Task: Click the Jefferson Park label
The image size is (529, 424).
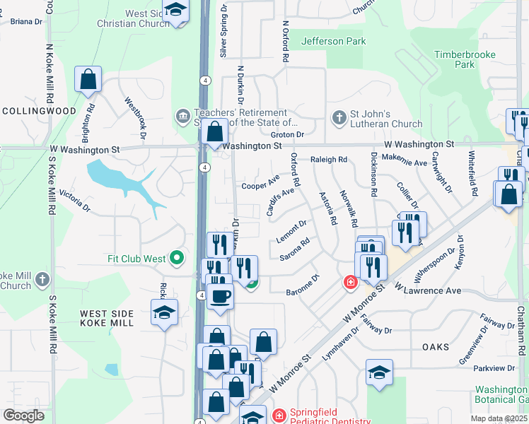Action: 334,41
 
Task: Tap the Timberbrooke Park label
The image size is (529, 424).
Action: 464,59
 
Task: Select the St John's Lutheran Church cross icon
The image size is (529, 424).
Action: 339,117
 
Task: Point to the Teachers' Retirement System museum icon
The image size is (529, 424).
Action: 183,114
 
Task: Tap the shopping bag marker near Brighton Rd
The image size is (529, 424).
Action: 88,80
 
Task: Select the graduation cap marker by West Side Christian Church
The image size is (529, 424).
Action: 176,11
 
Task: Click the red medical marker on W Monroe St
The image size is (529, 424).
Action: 349,283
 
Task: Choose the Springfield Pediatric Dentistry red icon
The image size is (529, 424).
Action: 279,414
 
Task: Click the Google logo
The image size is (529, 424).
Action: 23,416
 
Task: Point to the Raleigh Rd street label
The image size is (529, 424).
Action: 329,160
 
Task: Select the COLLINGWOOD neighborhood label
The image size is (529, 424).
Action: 39,111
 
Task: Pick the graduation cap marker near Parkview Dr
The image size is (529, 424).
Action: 379,372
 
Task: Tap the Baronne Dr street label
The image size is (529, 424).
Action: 303,290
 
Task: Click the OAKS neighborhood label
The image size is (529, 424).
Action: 436,346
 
